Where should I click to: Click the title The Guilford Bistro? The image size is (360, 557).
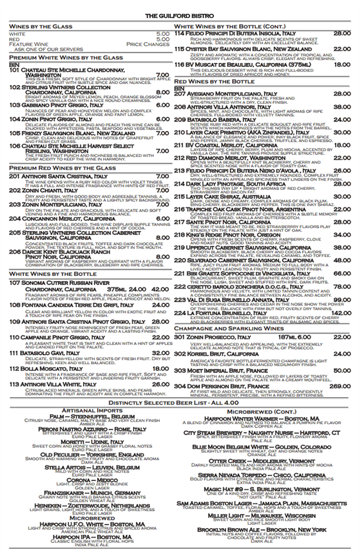click(x=180, y=16)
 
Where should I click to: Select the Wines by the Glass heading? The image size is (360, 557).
click(x=41, y=26)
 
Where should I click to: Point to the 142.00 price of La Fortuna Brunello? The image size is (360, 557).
click(x=340, y=313)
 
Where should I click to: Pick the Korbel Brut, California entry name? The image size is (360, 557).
click(x=215, y=355)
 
